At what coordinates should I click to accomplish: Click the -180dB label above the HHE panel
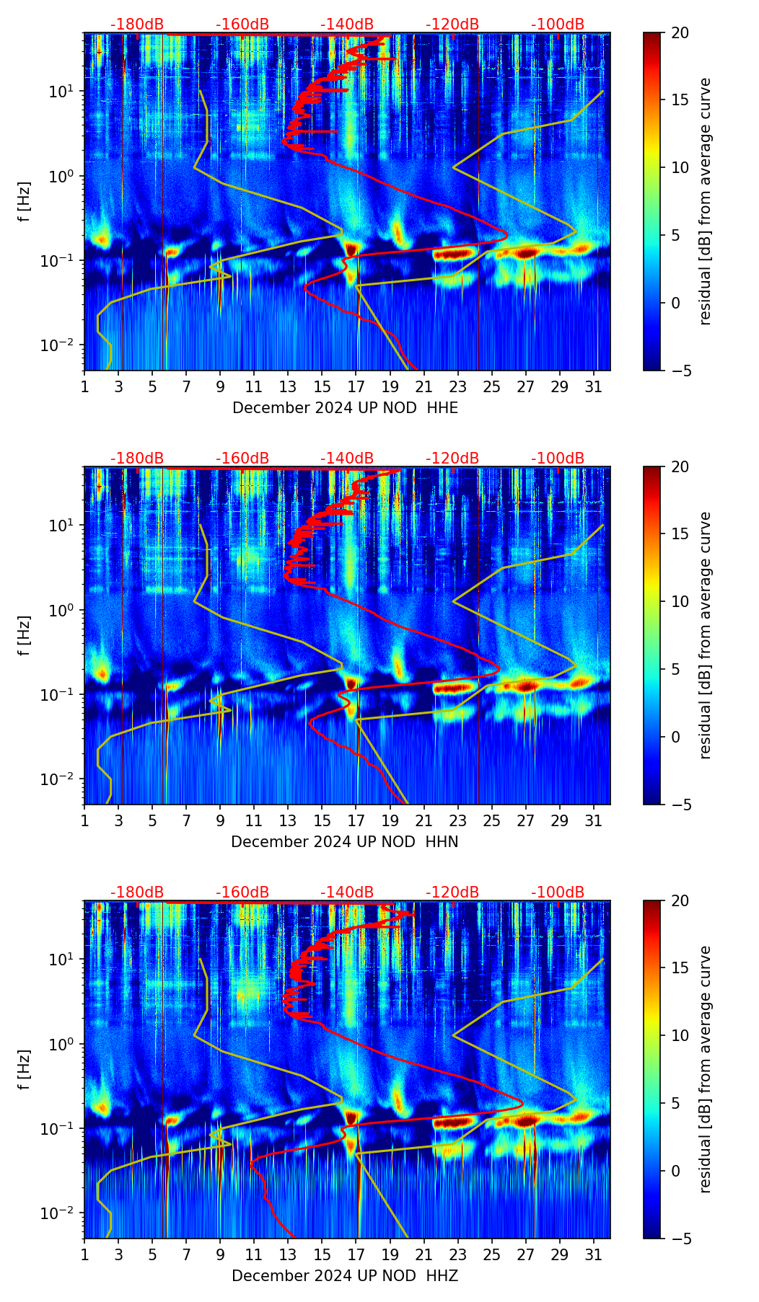137,25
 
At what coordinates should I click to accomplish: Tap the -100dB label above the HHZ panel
558,893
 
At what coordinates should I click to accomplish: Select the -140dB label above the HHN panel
347,459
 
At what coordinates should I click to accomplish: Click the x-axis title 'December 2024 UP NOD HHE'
345,408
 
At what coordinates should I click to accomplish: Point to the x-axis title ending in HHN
345,842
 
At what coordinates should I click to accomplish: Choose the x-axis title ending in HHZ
345,1276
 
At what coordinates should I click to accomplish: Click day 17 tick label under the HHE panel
356,387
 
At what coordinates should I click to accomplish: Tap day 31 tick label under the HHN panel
594,821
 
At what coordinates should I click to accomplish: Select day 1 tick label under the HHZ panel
84,1255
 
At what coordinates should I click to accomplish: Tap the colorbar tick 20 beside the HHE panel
680,32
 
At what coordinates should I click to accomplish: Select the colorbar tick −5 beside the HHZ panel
680,1239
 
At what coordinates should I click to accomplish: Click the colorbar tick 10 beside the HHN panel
680,601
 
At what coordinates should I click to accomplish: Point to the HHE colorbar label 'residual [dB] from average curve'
705,201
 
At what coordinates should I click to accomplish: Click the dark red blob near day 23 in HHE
454,254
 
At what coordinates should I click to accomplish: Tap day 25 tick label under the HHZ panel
492,1255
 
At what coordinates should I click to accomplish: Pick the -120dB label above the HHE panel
452,25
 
